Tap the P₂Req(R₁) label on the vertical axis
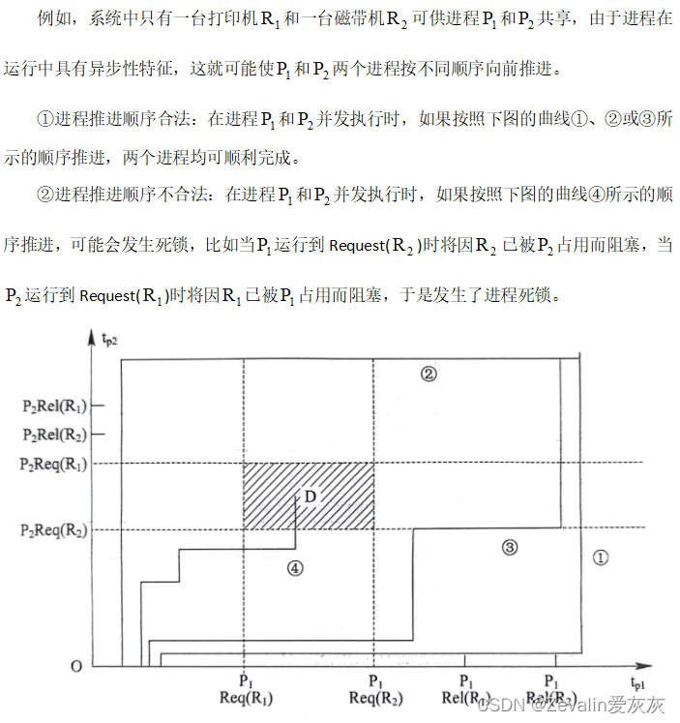(x=54, y=464)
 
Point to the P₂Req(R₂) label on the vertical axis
(x=54, y=529)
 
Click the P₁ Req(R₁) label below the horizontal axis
(x=246, y=689)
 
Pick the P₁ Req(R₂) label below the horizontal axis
(x=374, y=689)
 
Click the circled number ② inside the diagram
(x=429, y=374)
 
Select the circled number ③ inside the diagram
(x=510, y=548)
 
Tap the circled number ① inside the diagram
(x=600, y=557)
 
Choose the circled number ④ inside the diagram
(x=295, y=569)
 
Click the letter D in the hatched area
(x=310, y=497)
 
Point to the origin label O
(x=75, y=667)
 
